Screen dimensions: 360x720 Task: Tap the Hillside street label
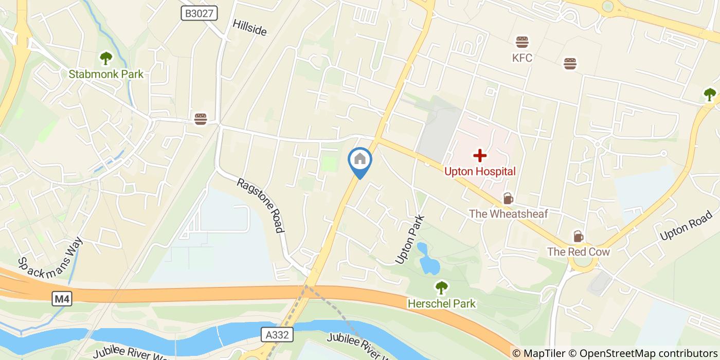(249, 28)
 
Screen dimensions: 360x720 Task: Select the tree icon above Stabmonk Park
(106, 57)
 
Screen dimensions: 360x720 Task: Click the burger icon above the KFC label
(522, 42)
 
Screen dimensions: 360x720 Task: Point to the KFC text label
(522, 58)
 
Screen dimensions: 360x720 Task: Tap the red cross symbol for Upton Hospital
(480, 155)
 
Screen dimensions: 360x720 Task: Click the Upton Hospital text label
(480, 171)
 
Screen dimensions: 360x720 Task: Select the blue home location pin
(360, 160)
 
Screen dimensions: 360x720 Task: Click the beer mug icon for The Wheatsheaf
(508, 199)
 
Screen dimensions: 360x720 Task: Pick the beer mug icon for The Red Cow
(578, 237)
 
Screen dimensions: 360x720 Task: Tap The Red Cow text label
(578, 252)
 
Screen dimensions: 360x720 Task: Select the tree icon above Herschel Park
(441, 287)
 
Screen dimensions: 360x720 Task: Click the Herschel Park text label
(441, 303)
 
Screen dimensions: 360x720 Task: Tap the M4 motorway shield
(62, 298)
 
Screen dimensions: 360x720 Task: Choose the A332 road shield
(277, 335)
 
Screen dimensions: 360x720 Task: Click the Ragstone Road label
(261, 205)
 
